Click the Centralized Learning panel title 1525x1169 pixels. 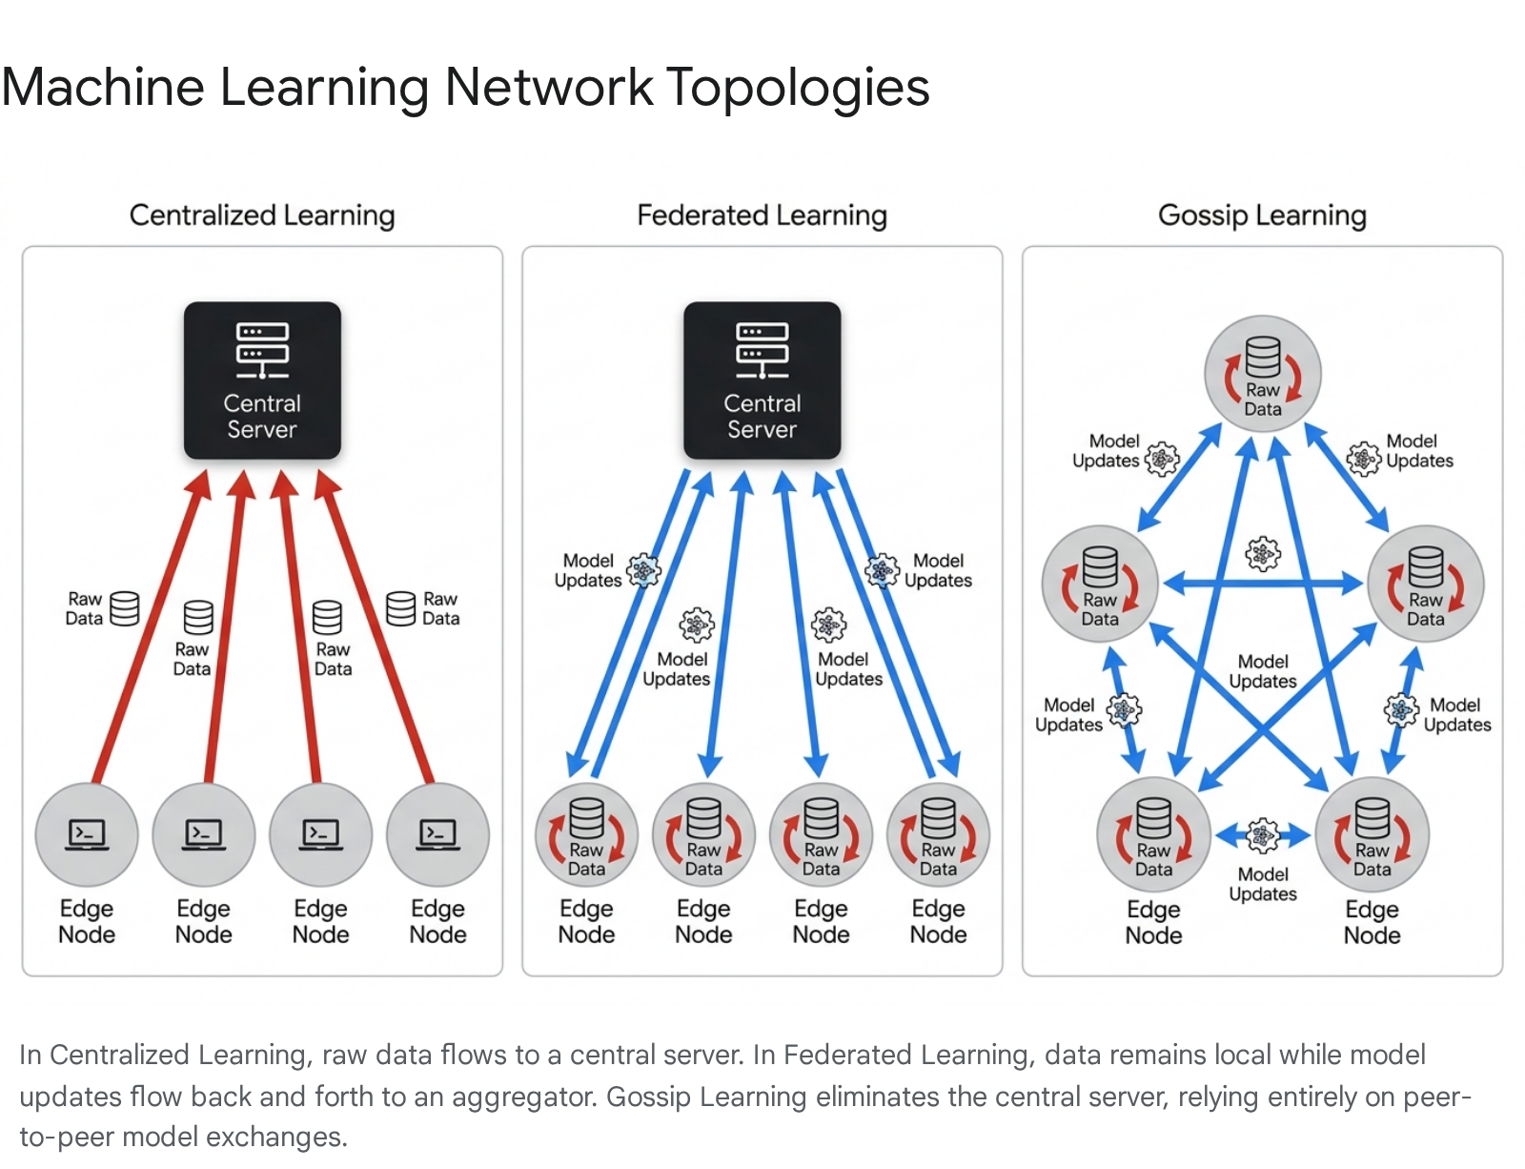click(262, 215)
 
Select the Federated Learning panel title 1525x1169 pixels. click(762, 215)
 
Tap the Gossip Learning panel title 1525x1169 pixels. click(1262, 215)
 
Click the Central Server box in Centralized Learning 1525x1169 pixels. click(262, 380)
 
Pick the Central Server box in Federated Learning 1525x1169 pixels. click(762, 380)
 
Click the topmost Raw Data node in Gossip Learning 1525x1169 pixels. click(1263, 374)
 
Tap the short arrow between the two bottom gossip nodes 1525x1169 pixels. click(1263, 835)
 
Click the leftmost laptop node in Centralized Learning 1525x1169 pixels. click(87, 834)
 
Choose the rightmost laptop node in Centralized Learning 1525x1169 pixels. click(437, 834)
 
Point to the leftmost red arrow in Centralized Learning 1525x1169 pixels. click(152, 626)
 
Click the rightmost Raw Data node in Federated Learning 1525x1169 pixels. click(938, 835)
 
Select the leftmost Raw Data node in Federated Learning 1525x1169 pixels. click(587, 835)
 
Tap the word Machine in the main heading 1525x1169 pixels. click(103, 87)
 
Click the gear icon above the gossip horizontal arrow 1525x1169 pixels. click(1263, 553)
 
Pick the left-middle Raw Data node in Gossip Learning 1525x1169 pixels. click(1100, 584)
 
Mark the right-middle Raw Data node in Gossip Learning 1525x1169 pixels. click(1425, 584)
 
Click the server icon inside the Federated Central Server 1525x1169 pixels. click(762, 350)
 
